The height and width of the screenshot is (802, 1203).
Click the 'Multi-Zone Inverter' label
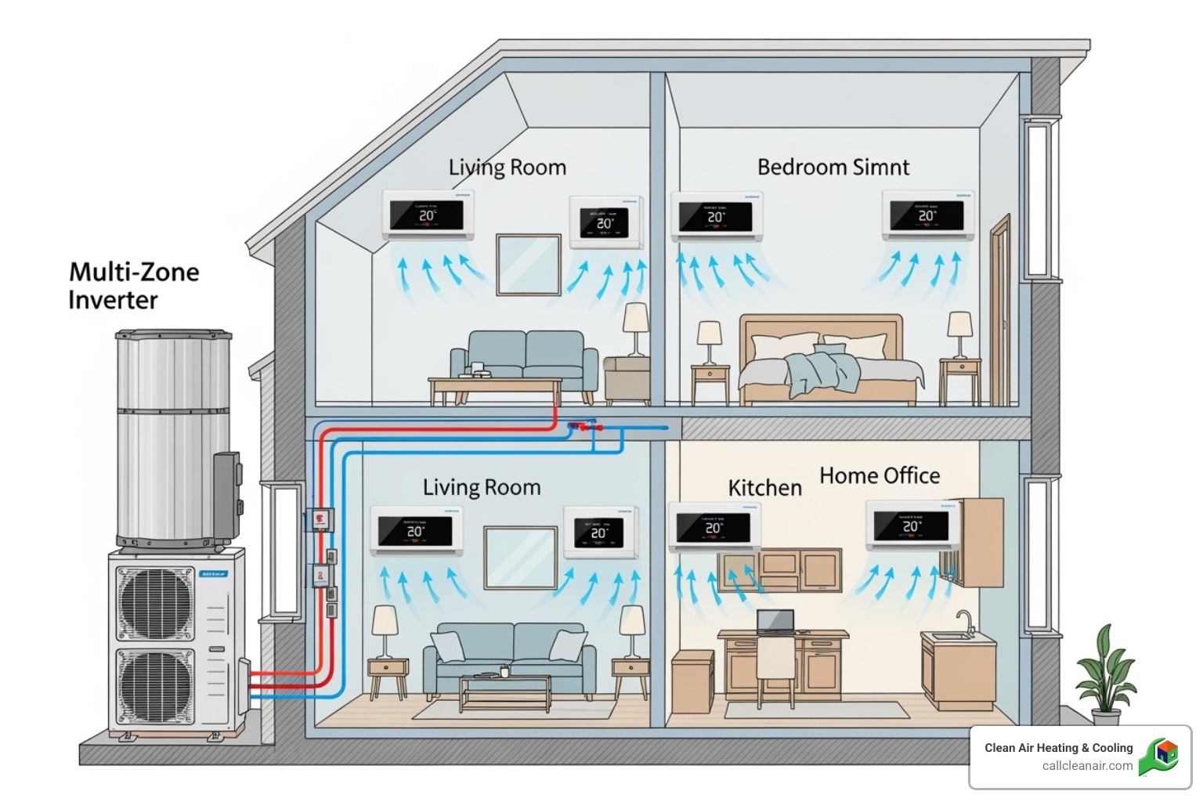(133, 286)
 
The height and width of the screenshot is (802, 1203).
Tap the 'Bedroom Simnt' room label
(833, 168)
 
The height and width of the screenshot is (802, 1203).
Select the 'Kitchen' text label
(764, 488)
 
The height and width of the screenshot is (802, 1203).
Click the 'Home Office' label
(880, 475)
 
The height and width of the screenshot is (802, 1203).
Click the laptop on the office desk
(775, 622)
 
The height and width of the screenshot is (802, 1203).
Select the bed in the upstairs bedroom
(822, 360)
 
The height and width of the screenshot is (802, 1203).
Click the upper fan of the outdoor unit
(155, 603)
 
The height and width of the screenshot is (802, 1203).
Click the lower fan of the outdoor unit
(155, 685)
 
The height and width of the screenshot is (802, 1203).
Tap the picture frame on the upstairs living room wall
(529, 264)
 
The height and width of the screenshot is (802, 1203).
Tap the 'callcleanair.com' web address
(1087, 766)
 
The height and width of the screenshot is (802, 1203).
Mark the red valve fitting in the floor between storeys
(583, 427)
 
